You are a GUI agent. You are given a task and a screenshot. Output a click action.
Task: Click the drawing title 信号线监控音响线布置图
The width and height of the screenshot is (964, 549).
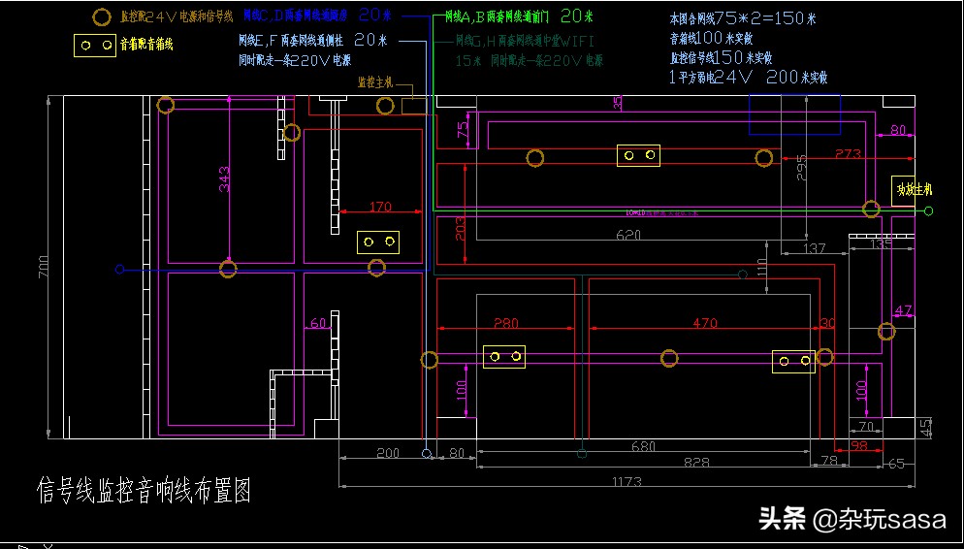click(x=144, y=491)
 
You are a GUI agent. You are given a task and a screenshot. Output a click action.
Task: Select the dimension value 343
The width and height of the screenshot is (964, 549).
click(x=225, y=178)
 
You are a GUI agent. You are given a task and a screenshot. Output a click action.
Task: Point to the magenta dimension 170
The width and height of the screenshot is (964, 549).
click(x=380, y=207)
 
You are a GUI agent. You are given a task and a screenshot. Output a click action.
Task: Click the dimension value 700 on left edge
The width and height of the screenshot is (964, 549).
click(x=42, y=269)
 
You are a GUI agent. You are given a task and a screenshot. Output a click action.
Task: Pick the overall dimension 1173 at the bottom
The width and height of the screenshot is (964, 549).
click(x=627, y=481)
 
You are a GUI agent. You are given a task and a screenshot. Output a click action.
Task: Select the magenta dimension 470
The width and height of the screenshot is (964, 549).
click(x=704, y=323)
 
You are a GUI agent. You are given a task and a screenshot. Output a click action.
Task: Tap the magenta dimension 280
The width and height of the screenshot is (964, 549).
click(x=504, y=323)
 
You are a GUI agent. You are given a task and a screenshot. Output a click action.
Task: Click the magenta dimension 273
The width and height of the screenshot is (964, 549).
click(x=847, y=154)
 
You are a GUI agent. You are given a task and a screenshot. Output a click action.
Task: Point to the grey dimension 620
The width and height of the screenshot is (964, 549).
click(x=628, y=235)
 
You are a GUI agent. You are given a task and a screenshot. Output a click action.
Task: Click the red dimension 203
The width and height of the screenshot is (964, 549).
click(x=461, y=229)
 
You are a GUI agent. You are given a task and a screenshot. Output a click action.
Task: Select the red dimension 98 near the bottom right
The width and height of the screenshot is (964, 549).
click(x=858, y=445)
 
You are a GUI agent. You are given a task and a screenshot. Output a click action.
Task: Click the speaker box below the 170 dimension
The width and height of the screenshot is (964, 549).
click(x=378, y=242)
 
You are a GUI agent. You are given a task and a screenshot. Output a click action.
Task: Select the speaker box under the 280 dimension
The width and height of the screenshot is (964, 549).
click(x=504, y=357)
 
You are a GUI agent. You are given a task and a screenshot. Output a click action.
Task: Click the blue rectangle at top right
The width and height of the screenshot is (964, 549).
click(x=794, y=114)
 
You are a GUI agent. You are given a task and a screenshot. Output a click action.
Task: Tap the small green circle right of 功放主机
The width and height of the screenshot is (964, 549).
click(x=928, y=210)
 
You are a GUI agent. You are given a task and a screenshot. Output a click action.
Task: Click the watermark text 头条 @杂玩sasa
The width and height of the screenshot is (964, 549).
click(x=852, y=519)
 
